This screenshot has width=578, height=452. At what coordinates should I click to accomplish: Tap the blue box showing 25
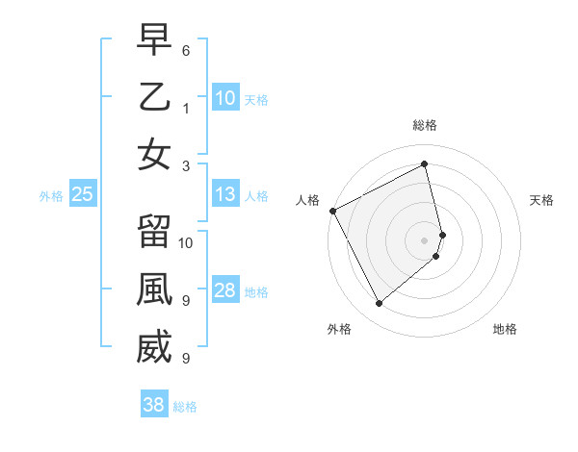click(x=82, y=195)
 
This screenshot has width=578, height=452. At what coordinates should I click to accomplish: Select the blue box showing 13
click(x=225, y=195)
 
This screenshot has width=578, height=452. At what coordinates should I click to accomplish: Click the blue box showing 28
click(x=225, y=291)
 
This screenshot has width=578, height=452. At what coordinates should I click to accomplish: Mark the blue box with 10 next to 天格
click(x=225, y=97)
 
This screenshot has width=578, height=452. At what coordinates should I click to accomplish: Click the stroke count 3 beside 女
click(x=186, y=164)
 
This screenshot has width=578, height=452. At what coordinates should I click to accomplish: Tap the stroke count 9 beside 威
click(x=186, y=358)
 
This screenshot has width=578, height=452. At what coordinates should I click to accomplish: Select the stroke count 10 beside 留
click(x=186, y=242)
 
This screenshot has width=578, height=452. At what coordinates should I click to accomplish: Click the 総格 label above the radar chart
click(x=425, y=126)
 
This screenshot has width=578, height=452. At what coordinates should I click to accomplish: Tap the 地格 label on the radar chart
click(x=505, y=329)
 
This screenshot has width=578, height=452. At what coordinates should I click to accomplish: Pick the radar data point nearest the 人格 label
click(x=332, y=211)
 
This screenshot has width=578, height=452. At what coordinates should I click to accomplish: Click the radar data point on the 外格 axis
click(x=379, y=303)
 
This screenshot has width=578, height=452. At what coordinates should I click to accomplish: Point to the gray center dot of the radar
click(x=425, y=239)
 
